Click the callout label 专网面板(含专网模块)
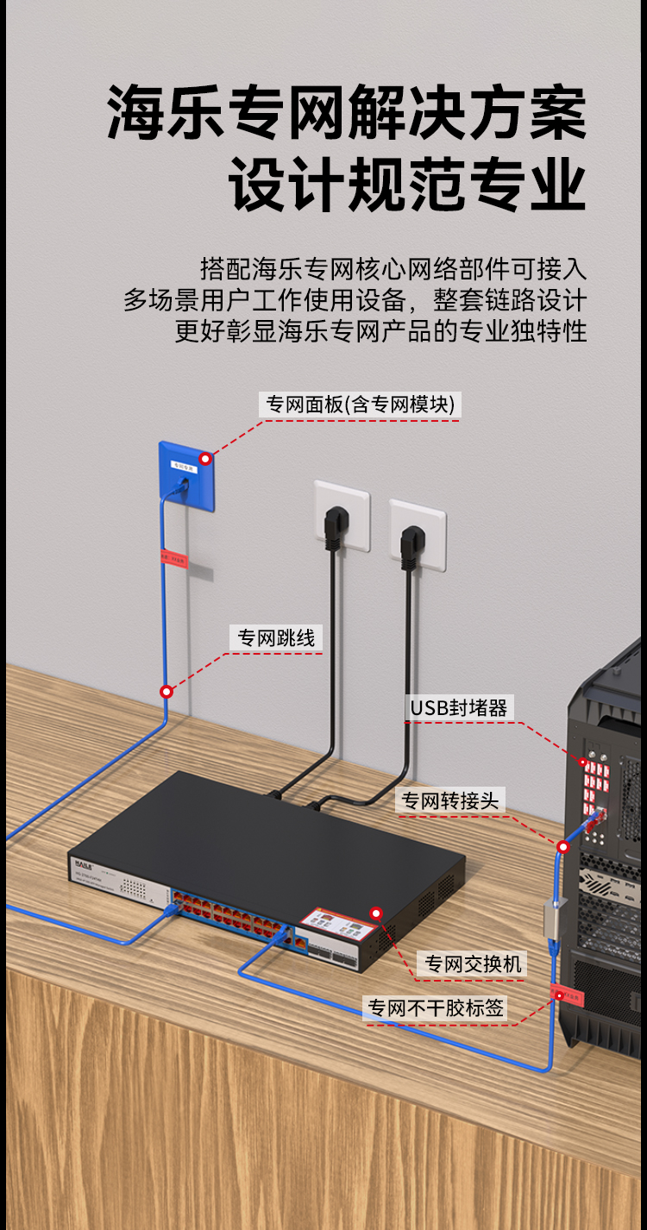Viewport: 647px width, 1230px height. pos(360,404)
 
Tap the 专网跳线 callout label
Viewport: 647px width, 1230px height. pos(276,638)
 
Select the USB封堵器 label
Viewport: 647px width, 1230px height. pos(459,708)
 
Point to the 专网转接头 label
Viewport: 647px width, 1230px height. pos(449,800)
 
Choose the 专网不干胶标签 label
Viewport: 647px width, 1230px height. pos(436,1007)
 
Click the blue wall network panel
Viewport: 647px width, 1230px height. pos(185,474)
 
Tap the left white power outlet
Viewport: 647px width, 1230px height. pos(342,515)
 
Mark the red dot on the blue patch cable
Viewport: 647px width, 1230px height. pos(166,691)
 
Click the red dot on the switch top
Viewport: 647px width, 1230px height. pos(375,913)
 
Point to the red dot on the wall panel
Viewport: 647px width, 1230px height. pos(205,459)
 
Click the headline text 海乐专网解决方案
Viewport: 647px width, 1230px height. pos(347,113)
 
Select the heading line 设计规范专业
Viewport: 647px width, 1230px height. pos(407,186)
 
